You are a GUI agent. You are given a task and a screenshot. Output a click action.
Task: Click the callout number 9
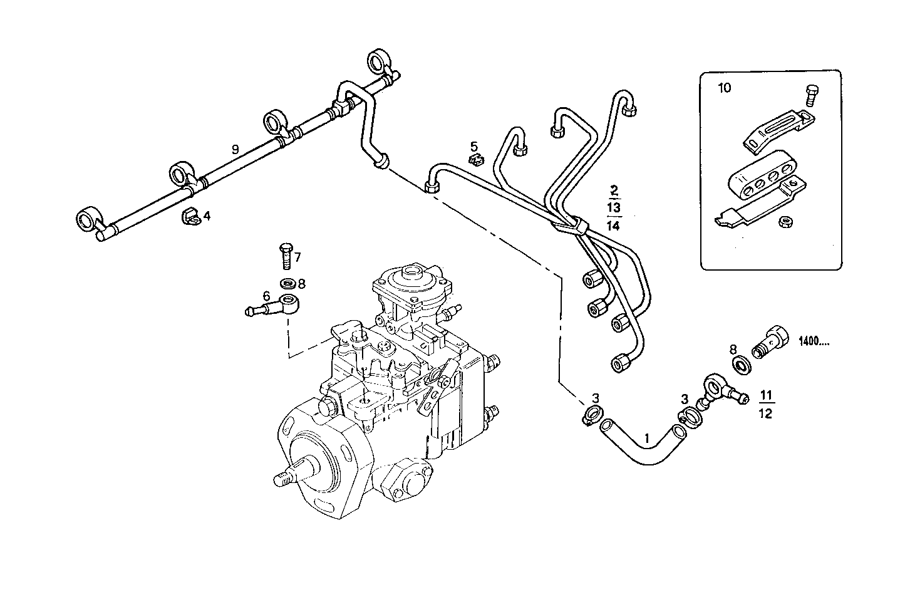[x=235, y=149]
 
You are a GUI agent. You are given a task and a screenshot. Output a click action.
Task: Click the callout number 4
[x=207, y=216]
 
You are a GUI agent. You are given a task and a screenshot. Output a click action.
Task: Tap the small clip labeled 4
[x=189, y=217]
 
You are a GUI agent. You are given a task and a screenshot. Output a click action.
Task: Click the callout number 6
[x=266, y=295]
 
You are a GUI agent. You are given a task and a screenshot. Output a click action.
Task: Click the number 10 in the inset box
[x=724, y=88]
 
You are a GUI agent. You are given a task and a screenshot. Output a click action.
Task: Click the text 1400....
[x=814, y=342]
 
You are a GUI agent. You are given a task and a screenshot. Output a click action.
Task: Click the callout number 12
[x=765, y=413]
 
